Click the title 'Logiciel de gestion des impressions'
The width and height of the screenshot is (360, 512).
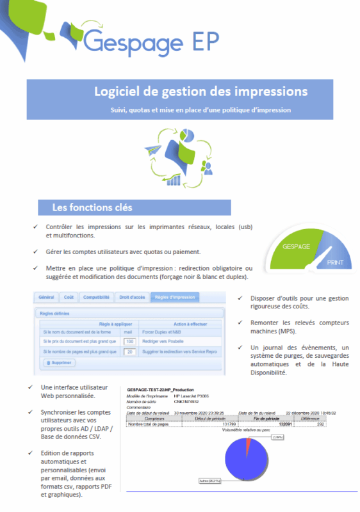(200, 92)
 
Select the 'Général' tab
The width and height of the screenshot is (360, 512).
(46, 297)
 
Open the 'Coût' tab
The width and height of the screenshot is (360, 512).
(69, 297)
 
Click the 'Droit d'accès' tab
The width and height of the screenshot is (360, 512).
(131, 297)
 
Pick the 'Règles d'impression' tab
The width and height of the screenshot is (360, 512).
(175, 297)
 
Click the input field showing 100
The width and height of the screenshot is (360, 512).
(129, 342)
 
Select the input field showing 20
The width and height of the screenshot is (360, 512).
(129, 351)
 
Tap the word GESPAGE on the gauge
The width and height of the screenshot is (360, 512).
(295, 246)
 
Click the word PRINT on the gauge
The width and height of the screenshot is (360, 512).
(335, 263)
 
